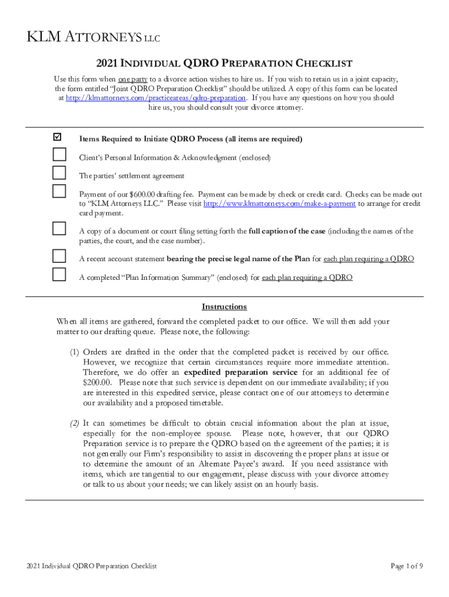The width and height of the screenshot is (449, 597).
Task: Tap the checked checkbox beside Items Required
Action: click(x=57, y=138)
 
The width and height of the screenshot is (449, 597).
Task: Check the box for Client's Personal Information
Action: click(x=59, y=154)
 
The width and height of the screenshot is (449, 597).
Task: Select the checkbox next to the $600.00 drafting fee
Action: click(x=59, y=191)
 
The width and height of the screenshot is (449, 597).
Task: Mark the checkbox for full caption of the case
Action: click(x=59, y=228)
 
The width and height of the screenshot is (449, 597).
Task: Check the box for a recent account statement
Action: click(x=59, y=255)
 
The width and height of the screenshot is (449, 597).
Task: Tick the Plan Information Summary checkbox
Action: click(x=59, y=274)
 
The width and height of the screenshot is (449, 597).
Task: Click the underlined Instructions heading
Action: click(x=224, y=307)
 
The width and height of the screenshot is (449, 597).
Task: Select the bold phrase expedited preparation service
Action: click(x=234, y=372)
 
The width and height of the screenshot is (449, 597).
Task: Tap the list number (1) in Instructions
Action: click(x=75, y=352)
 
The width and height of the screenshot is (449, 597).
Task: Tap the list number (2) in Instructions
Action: click(x=75, y=423)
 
